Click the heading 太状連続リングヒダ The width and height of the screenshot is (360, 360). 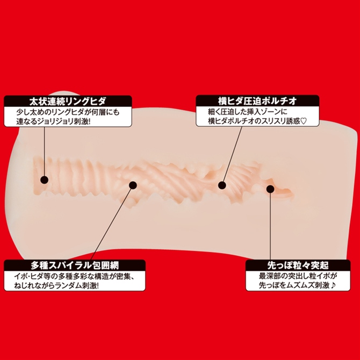68,101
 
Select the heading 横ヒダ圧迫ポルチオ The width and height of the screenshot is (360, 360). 257,101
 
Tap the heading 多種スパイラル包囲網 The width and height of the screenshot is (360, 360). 75,265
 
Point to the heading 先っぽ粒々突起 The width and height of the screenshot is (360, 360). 298,265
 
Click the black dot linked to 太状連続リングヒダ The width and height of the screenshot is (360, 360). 44,179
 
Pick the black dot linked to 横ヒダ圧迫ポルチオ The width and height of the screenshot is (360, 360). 222,185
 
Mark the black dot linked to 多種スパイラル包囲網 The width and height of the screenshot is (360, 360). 133,185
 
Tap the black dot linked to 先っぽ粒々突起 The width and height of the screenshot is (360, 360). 270,189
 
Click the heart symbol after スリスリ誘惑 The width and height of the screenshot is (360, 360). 304,121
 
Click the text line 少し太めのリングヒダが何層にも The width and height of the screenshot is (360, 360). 68,112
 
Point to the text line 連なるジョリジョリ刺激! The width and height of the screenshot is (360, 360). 53,121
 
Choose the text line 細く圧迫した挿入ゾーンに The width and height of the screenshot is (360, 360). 248,112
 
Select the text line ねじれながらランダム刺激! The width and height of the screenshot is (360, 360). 56,286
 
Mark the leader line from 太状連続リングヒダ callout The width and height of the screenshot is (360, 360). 44,152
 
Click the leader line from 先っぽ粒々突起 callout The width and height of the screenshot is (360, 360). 270,226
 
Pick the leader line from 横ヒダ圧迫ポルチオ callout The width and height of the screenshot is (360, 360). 233,154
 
